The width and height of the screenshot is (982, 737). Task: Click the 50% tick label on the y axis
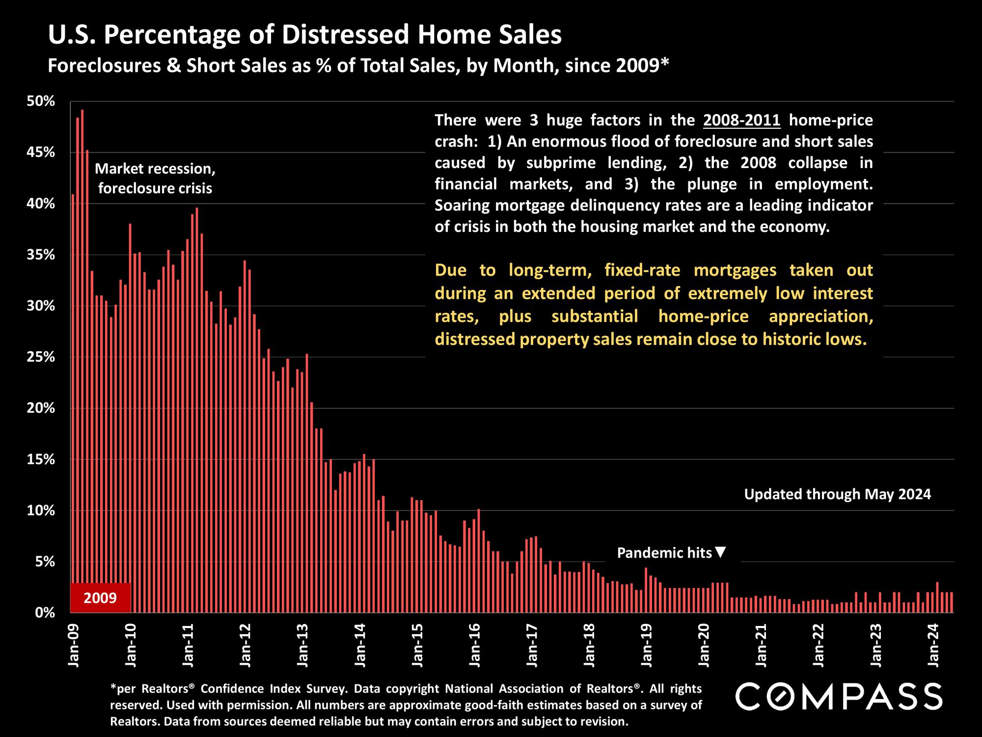41,102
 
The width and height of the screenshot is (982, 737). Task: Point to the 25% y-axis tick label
41,357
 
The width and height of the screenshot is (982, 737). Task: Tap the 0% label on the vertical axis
44,613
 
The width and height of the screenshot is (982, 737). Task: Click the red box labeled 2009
101,597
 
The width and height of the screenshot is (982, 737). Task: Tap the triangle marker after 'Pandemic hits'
720,552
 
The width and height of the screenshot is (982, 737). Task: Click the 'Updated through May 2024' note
837,494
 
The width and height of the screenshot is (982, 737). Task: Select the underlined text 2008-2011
741,120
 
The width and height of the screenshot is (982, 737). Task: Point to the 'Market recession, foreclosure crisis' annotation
155,178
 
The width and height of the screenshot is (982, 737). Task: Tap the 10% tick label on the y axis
41,510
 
